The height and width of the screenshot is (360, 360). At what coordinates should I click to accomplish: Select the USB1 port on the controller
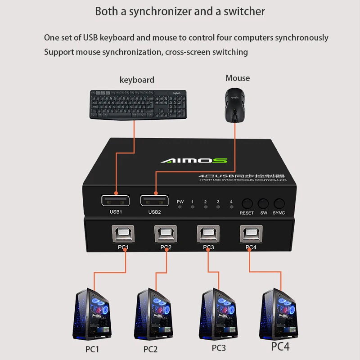pyautogui.click(x=116, y=200)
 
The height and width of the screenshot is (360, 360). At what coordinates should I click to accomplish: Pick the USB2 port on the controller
pyautogui.click(x=154, y=200)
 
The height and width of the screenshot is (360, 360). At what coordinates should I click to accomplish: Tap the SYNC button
pyautogui.click(x=279, y=203)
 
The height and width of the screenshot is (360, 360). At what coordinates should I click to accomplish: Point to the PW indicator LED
pyautogui.click(x=180, y=207)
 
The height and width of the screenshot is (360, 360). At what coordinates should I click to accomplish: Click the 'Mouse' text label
pyautogui.click(x=238, y=78)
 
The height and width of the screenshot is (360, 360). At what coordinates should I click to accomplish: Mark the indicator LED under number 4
pyautogui.click(x=232, y=207)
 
